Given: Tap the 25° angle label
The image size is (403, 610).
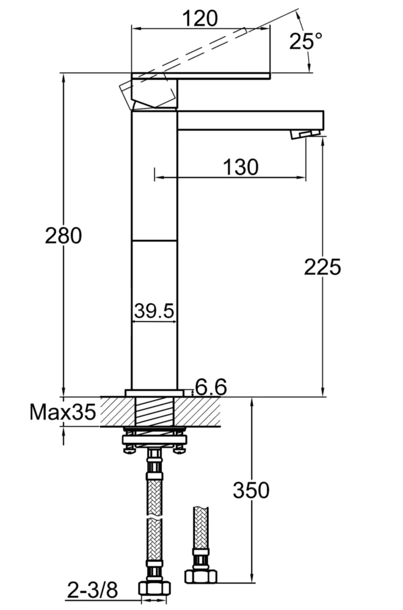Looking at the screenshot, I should pyautogui.click(x=306, y=41).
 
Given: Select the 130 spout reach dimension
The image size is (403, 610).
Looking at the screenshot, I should pyautogui.click(x=241, y=166).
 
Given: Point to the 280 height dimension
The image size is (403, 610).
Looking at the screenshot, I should pyautogui.click(x=63, y=235).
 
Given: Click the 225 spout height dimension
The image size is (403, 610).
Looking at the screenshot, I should pyautogui.click(x=322, y=267).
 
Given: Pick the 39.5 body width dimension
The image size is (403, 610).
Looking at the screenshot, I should pyautogui.click(x=154, y=311).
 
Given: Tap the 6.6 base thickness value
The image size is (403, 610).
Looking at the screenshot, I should pyautogui.click(x=211, y=387).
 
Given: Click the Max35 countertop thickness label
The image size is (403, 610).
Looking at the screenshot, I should pyautogui.click(x=63, y=413).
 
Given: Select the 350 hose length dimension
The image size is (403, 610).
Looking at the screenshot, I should pyautogui.click(x=250, y=489).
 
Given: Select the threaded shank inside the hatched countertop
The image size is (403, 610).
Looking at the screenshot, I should pyautogui.click(x=154, y=412).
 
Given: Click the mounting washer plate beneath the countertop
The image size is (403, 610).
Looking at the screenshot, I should pyautogui.click(x=154, y=439).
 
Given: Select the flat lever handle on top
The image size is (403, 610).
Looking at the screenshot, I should pyautogui.click(x=201, y=76).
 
